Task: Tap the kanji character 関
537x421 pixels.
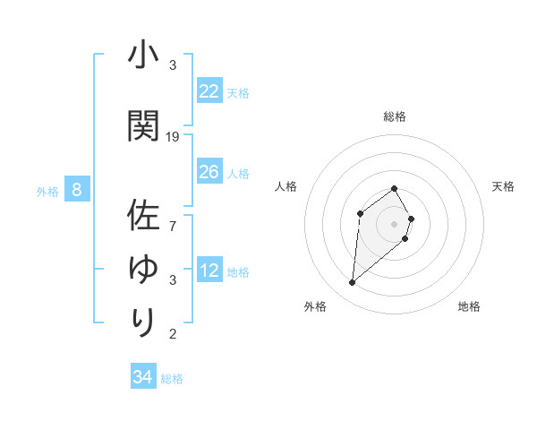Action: pos(143,125)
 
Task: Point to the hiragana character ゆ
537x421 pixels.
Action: pos(143,269)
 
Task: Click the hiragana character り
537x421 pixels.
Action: pos(143,321)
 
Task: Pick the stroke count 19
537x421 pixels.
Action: pos(174,137)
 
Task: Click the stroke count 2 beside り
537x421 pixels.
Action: pos(173,334)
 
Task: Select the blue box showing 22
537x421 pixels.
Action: pos(209,91)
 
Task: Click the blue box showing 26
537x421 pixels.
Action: pos(209,172)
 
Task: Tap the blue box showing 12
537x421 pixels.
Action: pos(209,271)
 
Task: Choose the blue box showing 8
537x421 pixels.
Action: pos(77,190)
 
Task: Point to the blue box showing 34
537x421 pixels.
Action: pos(142,377)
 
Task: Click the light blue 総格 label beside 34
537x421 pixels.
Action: pos(173,379)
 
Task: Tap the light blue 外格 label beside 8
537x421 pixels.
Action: pos(47,191)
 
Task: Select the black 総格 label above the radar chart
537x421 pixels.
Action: pos(395,116)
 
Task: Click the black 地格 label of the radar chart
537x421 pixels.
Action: pos(469,306)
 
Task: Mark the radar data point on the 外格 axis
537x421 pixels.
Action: pos(353,283)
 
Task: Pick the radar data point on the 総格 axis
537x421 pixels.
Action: pos(395,188)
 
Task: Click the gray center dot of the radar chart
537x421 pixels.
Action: pos(395,223)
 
